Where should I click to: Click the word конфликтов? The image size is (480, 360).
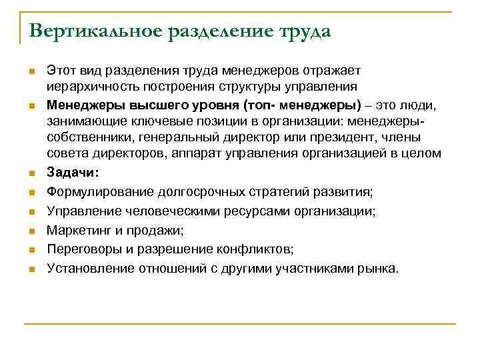pyautogui.click(x=256, y=249)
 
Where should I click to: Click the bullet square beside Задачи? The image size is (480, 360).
pyautogui.click(x=31, y=173)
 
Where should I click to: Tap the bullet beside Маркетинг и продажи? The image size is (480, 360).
pyautogui.click(x=31, y=231)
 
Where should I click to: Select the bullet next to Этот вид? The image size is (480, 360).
pyautogui.click(x=31, y=70)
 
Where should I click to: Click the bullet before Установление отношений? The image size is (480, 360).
pyautogui.click(x=31, y=269)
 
